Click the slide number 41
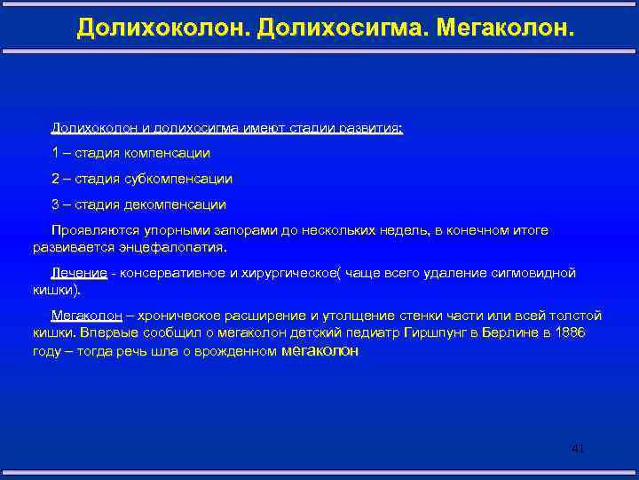[x=578, y=449]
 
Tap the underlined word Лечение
[x=79, y=273]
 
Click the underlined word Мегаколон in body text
[x=87, y=316]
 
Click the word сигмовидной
[x=535, y=273]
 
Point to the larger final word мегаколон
[x=319, y=350]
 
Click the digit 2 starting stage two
[x=55, y=179]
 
